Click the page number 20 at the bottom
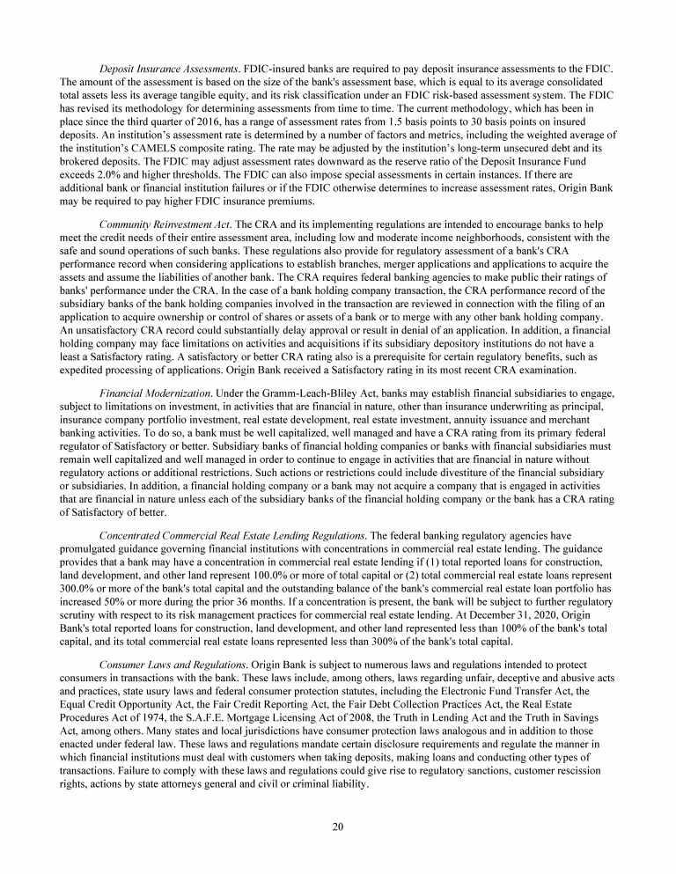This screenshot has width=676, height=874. pyautogui.click(x=338, y=826)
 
